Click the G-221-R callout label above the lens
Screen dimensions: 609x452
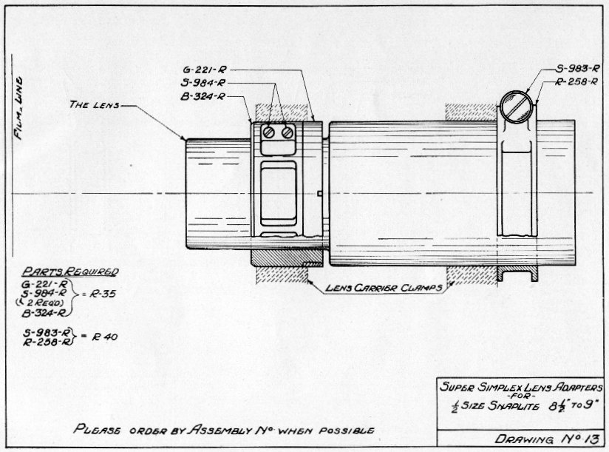[204, 70]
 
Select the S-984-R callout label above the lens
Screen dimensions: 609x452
[203, 83]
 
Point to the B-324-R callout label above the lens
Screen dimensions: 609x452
[203, 96]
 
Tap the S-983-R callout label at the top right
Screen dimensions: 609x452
[577, 69]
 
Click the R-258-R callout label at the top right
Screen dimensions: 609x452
[576, 81]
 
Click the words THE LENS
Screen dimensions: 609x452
[95, 104]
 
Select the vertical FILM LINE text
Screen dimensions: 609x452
[18, 108]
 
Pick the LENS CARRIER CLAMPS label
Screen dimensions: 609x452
[384, 288]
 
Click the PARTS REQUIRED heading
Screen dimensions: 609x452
[70, 271]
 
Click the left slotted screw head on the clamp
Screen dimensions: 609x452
[269, 132]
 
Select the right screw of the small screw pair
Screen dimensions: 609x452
[288, 132]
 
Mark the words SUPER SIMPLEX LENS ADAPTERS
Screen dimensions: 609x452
[521, 387]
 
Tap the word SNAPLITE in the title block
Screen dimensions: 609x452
[514, 406]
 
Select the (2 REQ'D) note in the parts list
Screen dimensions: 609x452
[40, 303]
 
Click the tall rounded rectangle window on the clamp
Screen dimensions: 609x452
[278, 193]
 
